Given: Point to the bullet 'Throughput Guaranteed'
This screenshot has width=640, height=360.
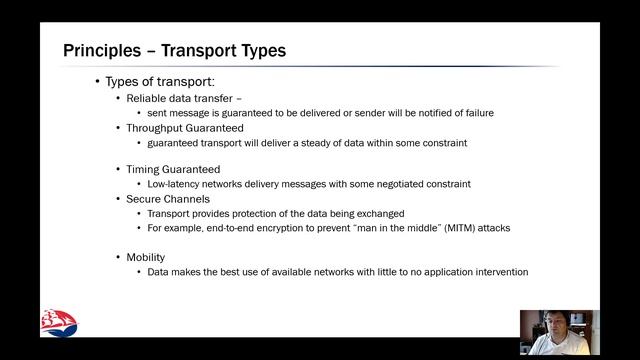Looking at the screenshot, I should (185, 128).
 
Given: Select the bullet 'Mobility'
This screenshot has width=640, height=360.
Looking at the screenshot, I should (146, 257).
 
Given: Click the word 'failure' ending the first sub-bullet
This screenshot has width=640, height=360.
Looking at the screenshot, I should (475, 113).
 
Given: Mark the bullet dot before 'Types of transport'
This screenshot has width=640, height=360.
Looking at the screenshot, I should (97, 82).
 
